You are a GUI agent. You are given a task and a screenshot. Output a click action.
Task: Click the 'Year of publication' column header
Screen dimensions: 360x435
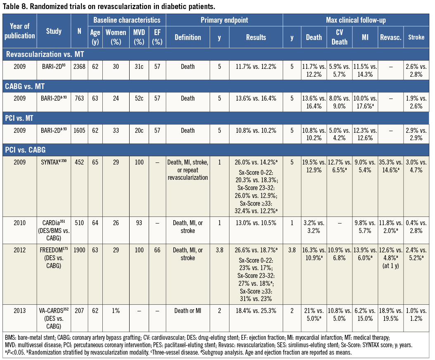click(20, 31)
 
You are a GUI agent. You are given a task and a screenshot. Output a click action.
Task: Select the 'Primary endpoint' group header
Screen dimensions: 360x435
click(224, 20)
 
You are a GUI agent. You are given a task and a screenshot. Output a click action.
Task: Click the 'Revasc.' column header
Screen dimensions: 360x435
click(390, 37)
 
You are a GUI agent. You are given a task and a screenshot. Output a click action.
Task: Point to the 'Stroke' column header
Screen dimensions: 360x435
click(416, 37)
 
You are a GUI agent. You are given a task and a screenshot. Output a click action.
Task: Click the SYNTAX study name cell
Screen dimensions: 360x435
click(54, 160)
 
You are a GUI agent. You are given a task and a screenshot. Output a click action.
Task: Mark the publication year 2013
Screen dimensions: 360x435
click(20, 309)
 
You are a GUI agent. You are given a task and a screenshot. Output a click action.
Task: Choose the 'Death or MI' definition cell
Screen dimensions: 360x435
click(188, 309)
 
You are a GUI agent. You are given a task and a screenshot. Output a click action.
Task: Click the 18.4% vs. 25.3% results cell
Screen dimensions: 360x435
click(256, 309)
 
